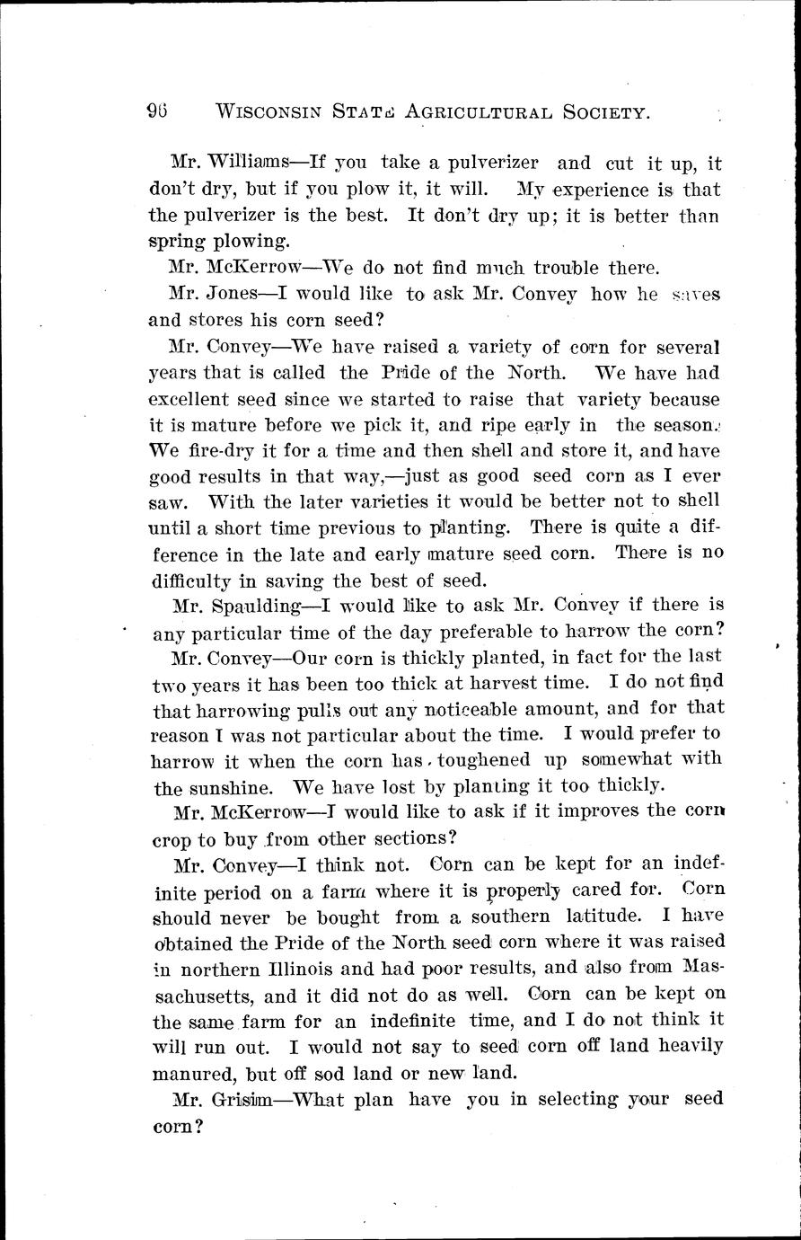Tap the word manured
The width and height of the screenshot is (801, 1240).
190,1073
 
